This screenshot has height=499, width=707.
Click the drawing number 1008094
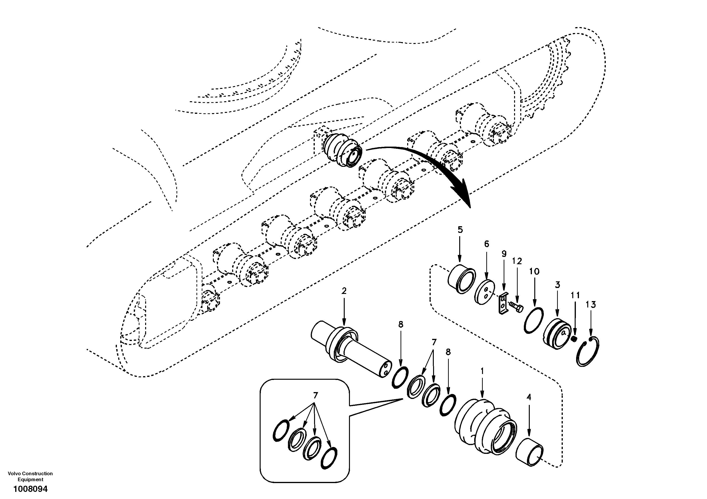30,489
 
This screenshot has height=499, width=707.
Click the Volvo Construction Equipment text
30,476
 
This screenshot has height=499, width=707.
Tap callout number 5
460,230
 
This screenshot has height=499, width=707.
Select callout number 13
591,305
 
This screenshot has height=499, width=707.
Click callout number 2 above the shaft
344,291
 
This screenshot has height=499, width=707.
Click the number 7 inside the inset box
315,395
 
